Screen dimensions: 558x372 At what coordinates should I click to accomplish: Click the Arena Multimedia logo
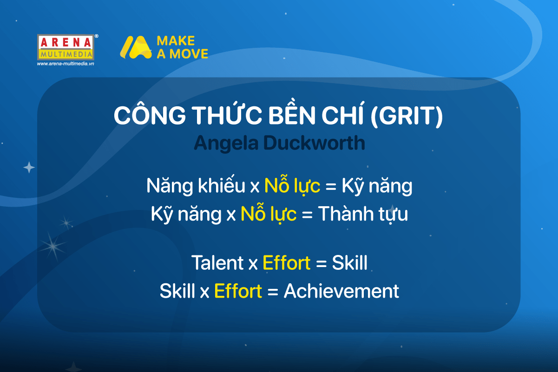tap(66, 47)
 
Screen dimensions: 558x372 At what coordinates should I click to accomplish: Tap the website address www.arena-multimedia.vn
tap(66, 64)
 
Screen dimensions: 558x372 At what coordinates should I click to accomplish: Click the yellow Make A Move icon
tap(136, 47)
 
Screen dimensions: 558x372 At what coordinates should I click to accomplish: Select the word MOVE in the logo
tap(189, 54)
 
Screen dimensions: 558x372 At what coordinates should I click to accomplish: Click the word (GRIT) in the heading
tap(407, 116)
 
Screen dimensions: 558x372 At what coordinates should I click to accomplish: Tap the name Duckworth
tap(314, 143)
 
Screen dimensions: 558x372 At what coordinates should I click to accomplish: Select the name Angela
tap(226, 144)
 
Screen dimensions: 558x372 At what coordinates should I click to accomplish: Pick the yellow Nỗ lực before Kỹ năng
tap(292, 185)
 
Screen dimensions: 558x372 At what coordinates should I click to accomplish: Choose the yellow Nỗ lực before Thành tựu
tap(269, 213)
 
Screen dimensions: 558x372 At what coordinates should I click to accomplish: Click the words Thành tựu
tap(363, 213)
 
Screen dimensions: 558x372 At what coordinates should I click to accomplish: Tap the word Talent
tap(217, 262)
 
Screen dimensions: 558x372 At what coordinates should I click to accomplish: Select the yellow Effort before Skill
tap(287, 262)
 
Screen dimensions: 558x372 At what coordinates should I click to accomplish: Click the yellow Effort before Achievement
tap(238, 291)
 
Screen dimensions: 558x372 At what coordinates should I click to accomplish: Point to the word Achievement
tap(341, 291)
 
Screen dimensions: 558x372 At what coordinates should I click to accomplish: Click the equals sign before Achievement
tap(273, 292)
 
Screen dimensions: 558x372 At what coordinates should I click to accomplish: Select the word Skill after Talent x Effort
tap(349, 262)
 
